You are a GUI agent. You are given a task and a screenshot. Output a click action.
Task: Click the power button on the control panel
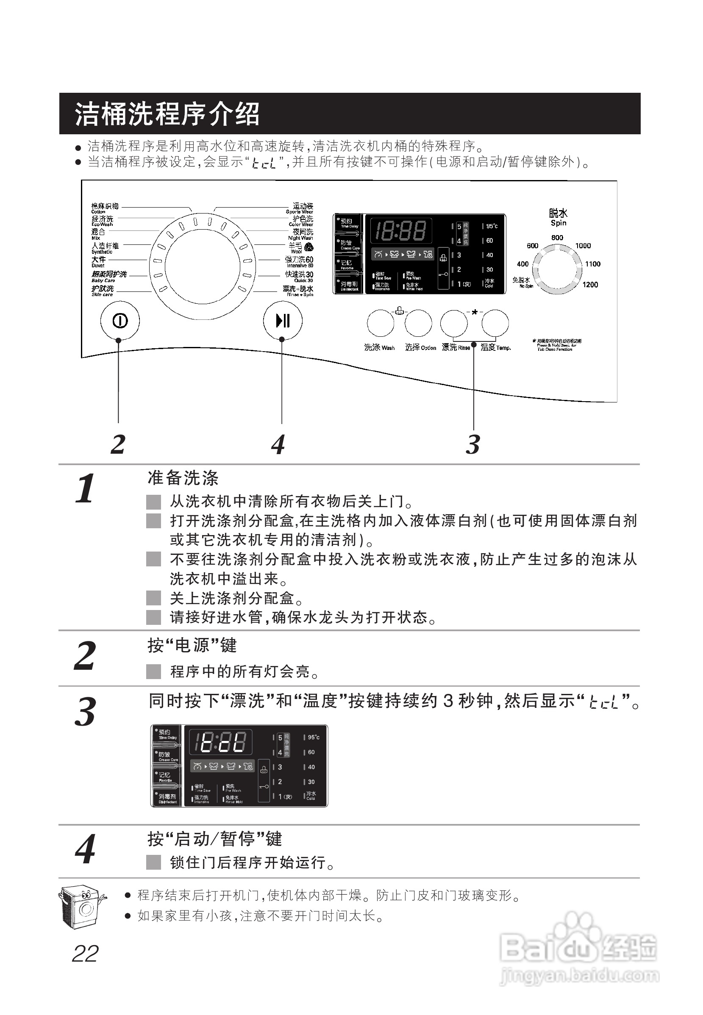pyautogui.click(x=120, y=321)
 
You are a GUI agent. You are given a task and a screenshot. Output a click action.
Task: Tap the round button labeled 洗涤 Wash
pyautogui.click(x=381, y=323)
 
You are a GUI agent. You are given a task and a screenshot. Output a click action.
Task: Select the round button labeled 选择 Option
pyautogui.click(x=418, y=323)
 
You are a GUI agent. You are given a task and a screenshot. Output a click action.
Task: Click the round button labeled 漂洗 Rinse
pyautogui.click(x=454, y=323)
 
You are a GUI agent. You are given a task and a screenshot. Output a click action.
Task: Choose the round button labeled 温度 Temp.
pyautogui.click(x=495, y=323)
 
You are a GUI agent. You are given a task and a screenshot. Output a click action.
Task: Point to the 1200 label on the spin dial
pyautogui.click(x=590, y=285)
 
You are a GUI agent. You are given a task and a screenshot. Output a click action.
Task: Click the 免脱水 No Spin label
pyautogui.click(x=522, y=282)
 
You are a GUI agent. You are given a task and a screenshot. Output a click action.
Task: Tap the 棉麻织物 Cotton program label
pyautogui.click(x=104, y=208)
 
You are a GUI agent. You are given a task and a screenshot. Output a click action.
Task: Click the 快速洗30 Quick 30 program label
pyautogui.click(x=299, y=276)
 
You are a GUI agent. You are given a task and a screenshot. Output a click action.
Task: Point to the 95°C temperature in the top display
pyautogui.click(x=492, y=226)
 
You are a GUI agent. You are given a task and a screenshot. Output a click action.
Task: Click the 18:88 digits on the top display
pyautogui.click(x=400, y=231)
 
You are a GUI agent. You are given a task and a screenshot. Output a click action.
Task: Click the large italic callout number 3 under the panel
pyautogui.click(x=472, y=444)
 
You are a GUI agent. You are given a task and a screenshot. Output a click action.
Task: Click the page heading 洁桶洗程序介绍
pyautogui.click(x=167, y=114)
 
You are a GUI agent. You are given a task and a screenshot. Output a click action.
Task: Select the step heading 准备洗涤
pyautogui.click(x=183, y=478)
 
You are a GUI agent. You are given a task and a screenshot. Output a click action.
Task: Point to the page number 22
pyautogui.click(x=85, y=954)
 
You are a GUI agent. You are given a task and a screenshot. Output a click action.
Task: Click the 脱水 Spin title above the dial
pyautogui.click(x=558, y=217)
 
